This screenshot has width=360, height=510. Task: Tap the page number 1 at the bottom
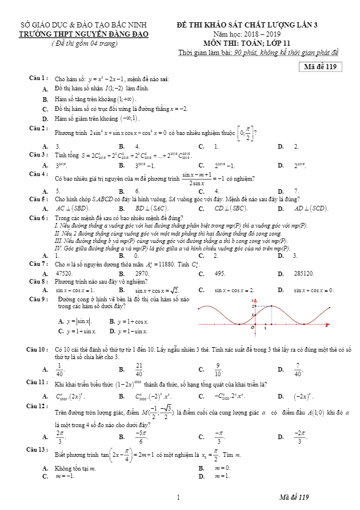(x=179, y=496)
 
